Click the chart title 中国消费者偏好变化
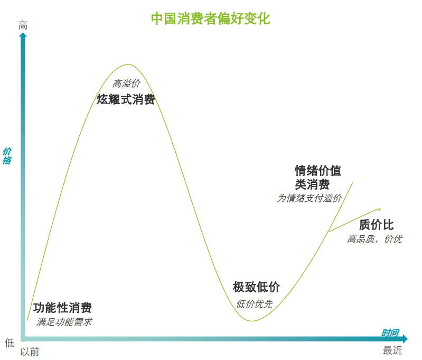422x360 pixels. click(210, 19)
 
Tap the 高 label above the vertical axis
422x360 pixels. click(23, 25)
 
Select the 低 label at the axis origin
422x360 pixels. click(10, 343)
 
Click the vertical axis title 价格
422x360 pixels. click(7, 156)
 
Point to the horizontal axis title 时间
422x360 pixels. click(390, 333)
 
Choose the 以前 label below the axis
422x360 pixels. click(30, 352)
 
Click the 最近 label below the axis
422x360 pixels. click(392, 350)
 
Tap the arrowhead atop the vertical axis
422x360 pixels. click(23, 35)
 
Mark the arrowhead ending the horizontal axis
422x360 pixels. click(405, 339)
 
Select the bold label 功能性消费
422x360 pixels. click(62, 308)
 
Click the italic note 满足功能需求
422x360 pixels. click(64, 322)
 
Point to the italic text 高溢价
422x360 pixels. click(126, 84)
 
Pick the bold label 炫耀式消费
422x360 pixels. click(126, 99)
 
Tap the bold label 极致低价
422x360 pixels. click(256, 287)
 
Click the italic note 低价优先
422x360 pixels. click(255, 304)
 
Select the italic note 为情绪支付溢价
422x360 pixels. click(310, 198)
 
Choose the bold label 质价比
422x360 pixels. click(376, 225)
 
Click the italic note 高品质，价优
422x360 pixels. click(374, 239)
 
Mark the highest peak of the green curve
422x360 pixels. click(128, 64)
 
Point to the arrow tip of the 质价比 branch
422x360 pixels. click(381, 209)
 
